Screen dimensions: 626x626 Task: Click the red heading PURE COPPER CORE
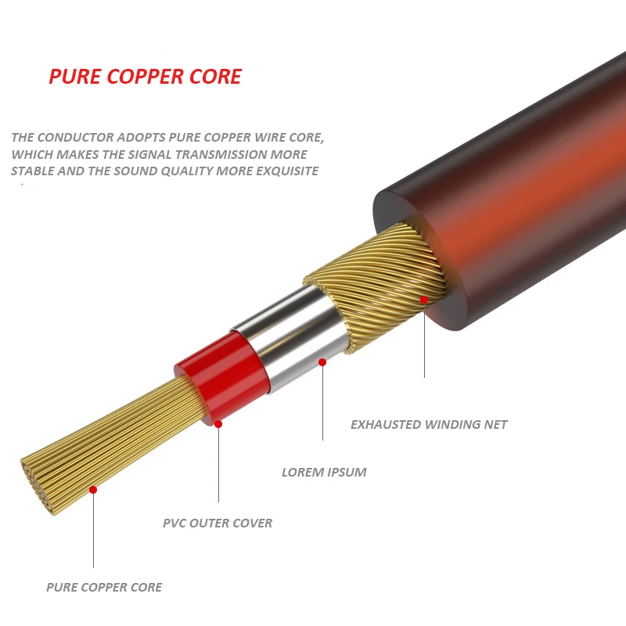(145, 77)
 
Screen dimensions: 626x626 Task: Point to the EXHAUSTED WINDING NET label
(429, 424)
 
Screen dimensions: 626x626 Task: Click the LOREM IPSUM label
(324, 472)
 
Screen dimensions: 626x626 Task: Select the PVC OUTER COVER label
(218, 523)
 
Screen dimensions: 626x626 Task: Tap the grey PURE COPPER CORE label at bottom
(104, 587)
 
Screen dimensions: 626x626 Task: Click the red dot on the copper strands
(93, 489)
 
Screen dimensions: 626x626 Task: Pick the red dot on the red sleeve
(218, 424)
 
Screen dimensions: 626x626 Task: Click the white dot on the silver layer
(322, 362)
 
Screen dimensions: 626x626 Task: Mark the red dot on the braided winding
(424, 299)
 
